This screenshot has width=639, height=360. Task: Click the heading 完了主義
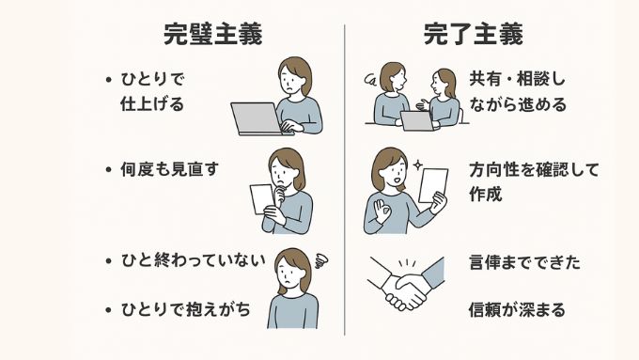472,35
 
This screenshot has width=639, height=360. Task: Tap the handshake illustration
404,283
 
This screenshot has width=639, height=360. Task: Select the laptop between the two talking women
415,120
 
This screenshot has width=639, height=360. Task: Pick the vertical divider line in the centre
344,179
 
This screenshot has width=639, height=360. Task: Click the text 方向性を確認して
533,171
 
